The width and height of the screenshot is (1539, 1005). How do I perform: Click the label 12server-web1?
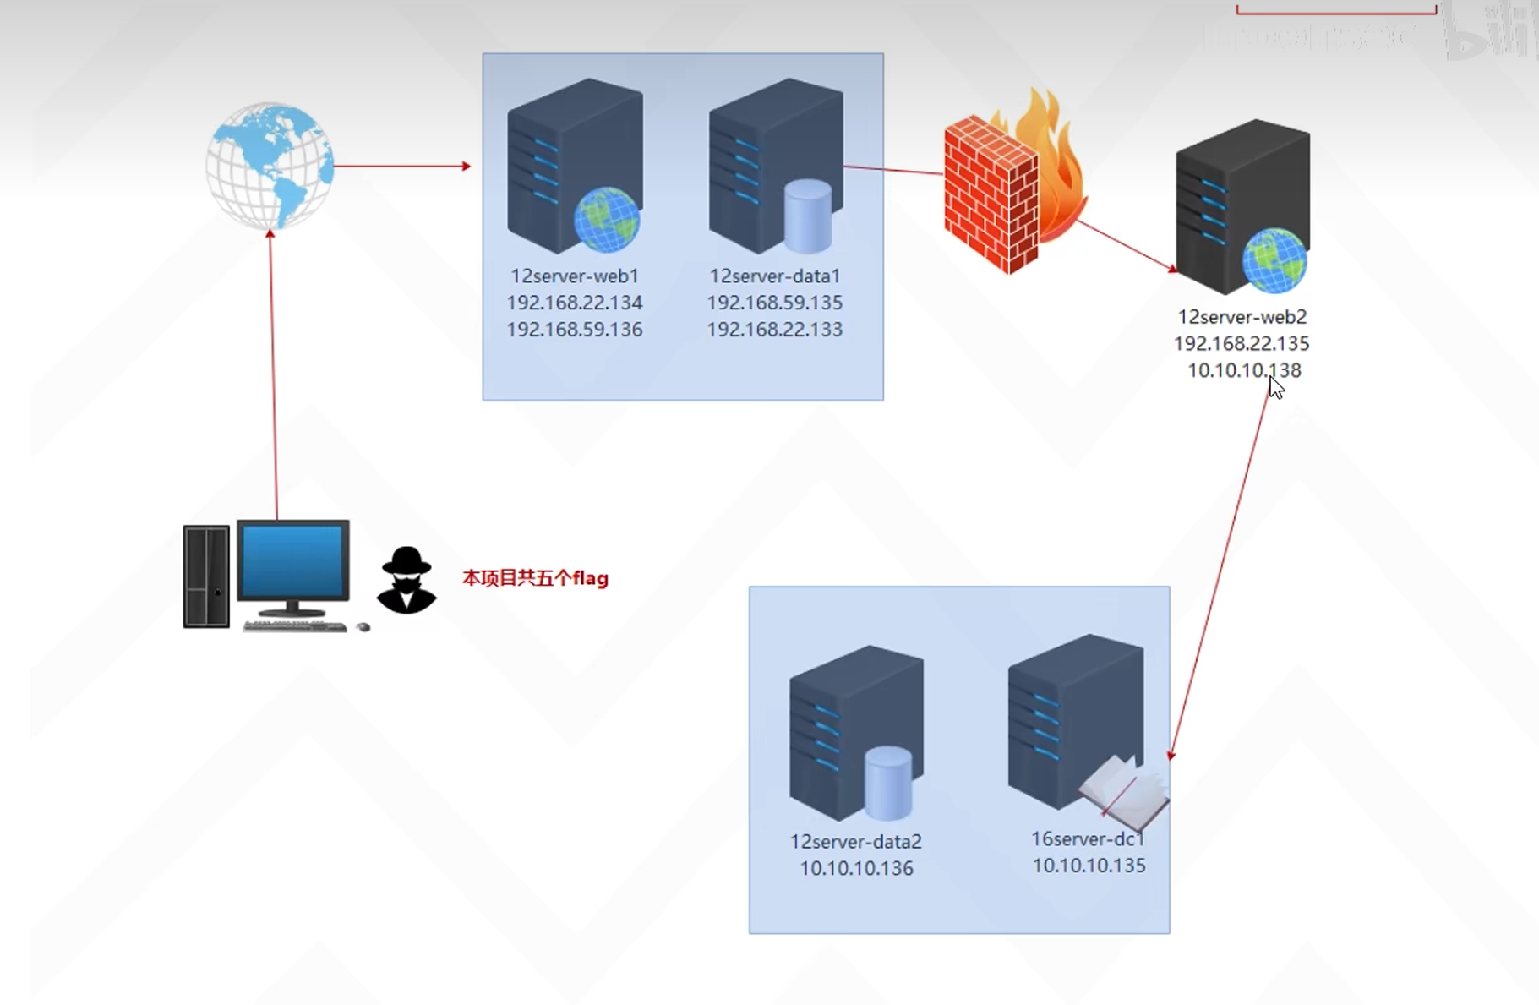pyautogui.click(x=575, y=276)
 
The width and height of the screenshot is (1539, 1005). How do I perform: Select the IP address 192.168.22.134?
pyautogui.click(x=575, y=303)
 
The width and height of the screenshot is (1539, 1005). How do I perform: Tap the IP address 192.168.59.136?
pyautogui.click(x=575, y=330)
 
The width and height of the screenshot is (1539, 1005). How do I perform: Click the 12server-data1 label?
pyautogui.click(x=775, y=276)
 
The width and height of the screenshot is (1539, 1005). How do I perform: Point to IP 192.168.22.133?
pyautogui.click(x=775, y=330)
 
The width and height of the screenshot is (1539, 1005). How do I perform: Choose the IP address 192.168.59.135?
pyautogui.click(x=775, y=303)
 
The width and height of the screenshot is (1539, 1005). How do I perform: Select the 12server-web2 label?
pyautogui.click(x=1242, y=317)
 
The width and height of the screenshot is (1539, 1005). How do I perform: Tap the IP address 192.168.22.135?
pyautogui.click(x=1242, y=344)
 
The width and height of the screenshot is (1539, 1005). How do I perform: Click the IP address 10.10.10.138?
pyautogui.click(x=1244, y=370)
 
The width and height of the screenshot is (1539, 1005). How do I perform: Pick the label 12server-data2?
pyautogui.click(x=856, y=842)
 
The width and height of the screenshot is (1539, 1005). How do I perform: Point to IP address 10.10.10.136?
pyautogui.click(x=856, y=868)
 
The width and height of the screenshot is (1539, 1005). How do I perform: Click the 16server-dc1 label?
pyautogui.click(x=1088, y=839)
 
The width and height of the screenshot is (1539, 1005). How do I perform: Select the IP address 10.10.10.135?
pyautogui.click(x=1089, y=866)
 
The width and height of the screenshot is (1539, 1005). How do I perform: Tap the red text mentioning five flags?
pyautogui.click(x=535, y=578)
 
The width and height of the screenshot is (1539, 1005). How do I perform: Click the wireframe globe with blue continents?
pyautogui.click(x=270, y=166)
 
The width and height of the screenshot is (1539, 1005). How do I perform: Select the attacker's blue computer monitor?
pyautogui.click(x=293, y=562)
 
